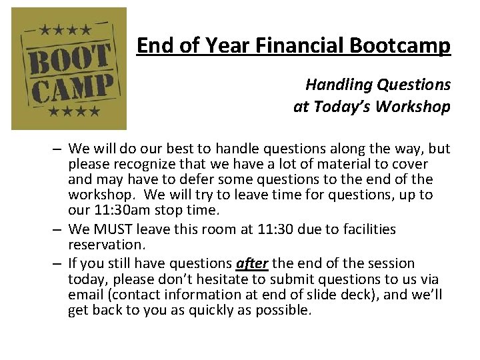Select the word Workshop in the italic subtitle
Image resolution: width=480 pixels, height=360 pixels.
(415, 107)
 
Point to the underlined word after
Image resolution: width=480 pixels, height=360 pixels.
(252, 263)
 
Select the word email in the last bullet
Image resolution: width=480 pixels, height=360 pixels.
(85, 294)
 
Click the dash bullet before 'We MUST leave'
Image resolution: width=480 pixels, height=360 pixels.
(58, 229)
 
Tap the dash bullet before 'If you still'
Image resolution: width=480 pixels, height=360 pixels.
(58, 263)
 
